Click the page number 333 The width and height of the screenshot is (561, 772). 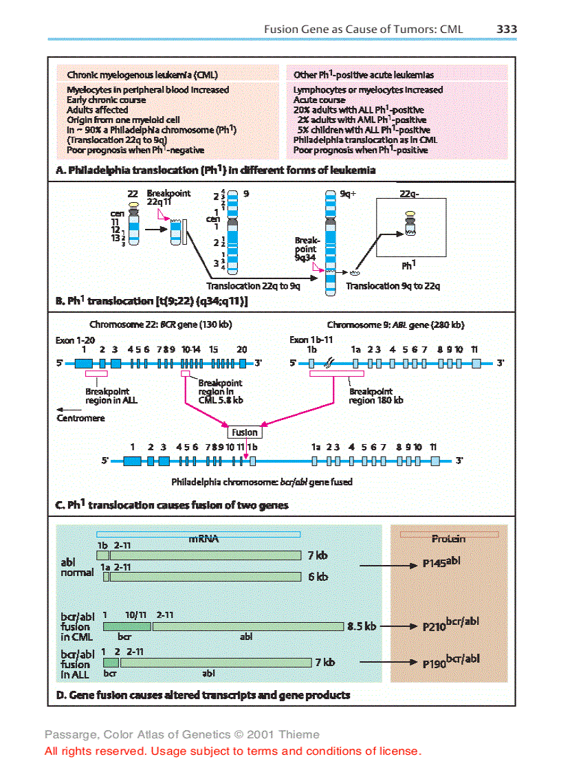click(x=506, y=29)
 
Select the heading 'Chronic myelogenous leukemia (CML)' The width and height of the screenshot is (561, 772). click(x=142, y=75)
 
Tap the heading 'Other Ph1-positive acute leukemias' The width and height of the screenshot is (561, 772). click(x=363, y=75)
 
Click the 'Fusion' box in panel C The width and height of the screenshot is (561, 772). click(x=244, y=432)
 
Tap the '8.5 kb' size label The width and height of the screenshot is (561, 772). click(x=362, y=626)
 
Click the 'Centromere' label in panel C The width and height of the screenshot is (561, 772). click(x=80, y=418)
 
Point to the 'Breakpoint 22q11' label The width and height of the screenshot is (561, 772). click(x=168, y=198)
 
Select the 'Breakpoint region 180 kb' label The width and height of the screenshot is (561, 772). click(x=375, y=395)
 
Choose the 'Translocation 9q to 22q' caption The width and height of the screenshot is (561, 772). click(x=393, y=286)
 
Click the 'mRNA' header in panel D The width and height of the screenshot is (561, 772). click(x=203, y=539)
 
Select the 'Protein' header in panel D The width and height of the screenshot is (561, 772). click(x=448, y=539)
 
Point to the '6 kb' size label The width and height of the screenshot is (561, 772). click(x=318, y=577)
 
